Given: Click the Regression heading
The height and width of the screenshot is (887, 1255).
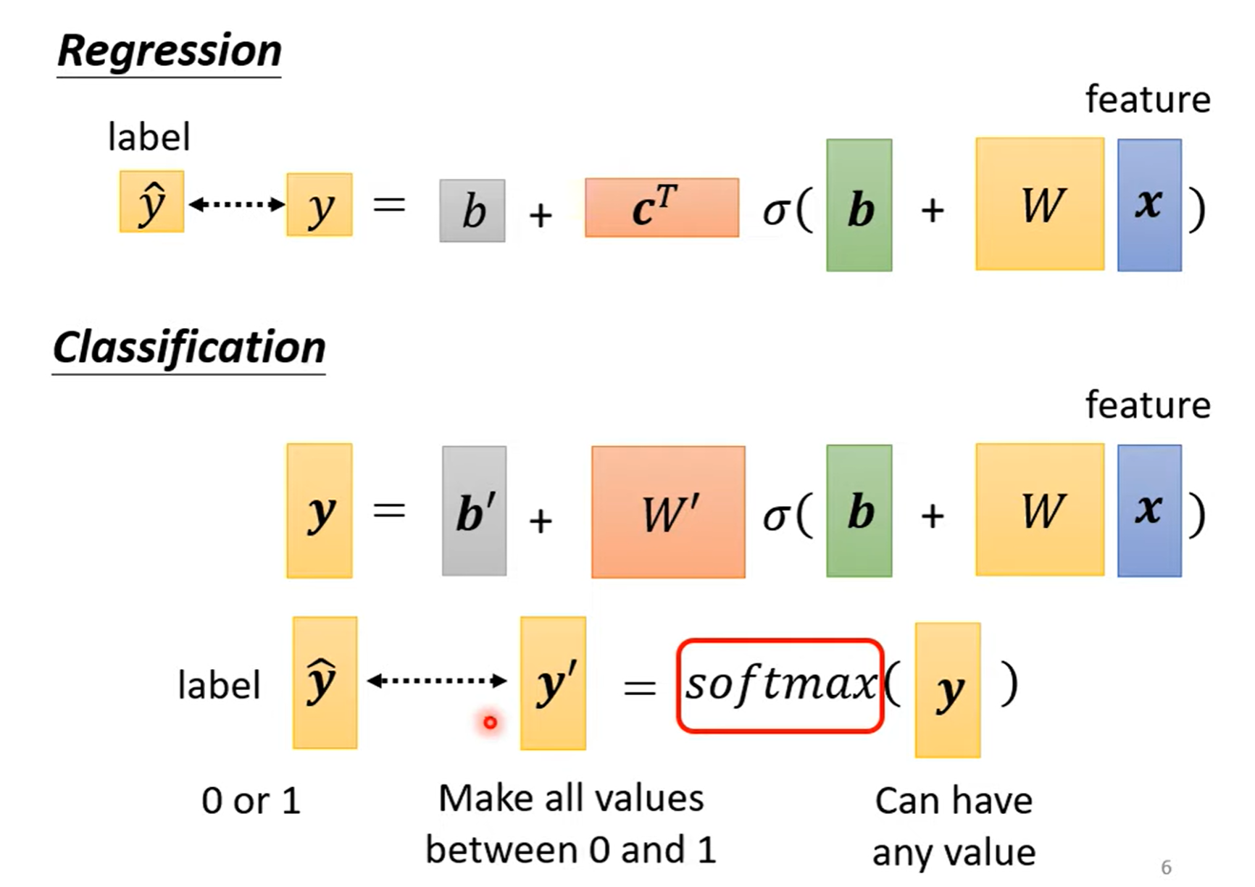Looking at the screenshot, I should click(x=169, y=51).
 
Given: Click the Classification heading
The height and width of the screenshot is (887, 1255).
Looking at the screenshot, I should click(x=189, y=348).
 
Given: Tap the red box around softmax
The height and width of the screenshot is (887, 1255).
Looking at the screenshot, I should click(x=780, y=685).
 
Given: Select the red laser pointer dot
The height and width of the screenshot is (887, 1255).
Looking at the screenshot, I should click(x=491, y=722).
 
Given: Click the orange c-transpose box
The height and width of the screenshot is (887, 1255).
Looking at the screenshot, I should click(x=662, y=208).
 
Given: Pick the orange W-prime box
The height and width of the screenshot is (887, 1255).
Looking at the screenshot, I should click(x=668, y=512).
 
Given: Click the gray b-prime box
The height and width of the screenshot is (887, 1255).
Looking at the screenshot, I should click(x=474, y=511).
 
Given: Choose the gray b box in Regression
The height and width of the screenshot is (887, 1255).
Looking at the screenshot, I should click(x=472, y=211).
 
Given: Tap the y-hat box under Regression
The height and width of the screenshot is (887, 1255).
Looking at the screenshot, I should click(x=151, y=202).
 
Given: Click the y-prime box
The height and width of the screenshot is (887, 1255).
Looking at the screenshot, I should click(x=553, y=683).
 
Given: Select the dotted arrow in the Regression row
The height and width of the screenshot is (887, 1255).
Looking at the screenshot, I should click(x=236, y=204).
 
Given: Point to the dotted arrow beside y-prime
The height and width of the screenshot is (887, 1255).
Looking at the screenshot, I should click(x=437, y=681).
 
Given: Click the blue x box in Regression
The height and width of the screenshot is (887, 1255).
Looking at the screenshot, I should click(x=1149, y=205).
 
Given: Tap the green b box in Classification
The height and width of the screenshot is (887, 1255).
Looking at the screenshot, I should click(x=859, y=511).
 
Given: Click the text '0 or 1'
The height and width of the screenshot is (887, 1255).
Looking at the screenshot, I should click(x=251, y=801).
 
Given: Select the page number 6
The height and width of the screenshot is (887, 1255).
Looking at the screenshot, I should click(x=1166, y=867).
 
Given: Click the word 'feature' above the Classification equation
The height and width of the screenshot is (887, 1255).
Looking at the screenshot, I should click(x=1148, y=405).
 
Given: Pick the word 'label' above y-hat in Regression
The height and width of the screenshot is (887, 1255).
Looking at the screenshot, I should click(x=149, y=137).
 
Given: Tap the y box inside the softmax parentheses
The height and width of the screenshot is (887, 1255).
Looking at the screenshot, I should click(x=947, y=690).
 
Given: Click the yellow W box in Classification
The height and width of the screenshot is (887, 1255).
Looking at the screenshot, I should click(x=1040, y=510).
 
